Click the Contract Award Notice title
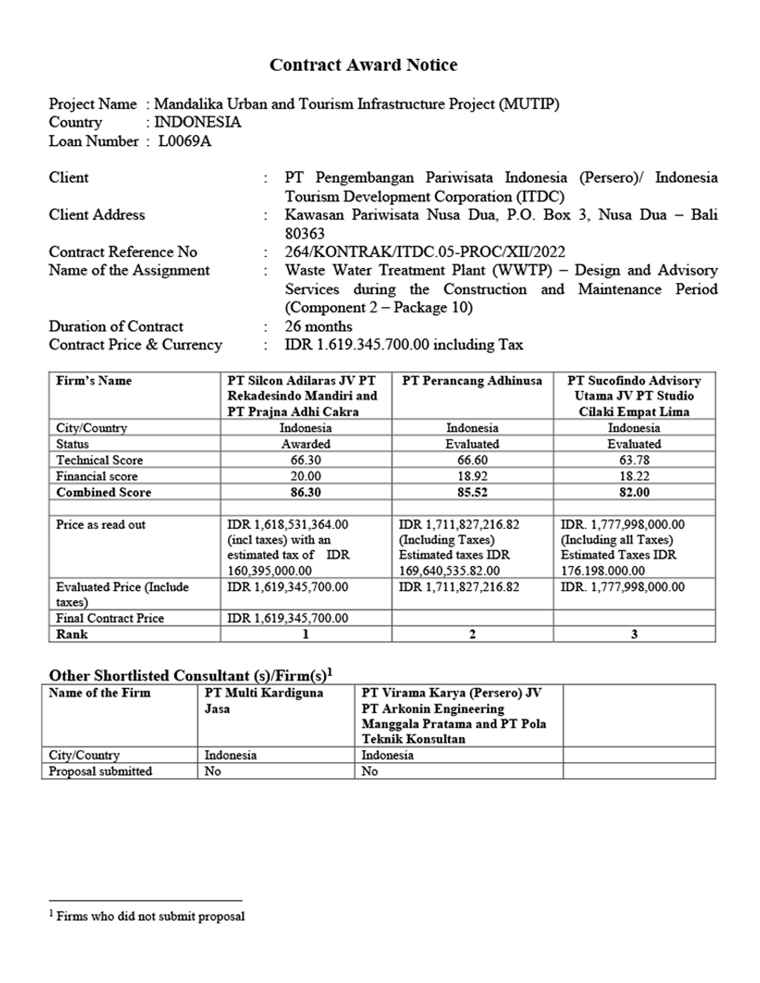[363, 65]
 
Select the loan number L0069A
[185, 141]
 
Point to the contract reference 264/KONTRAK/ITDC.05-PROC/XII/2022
[424, 252]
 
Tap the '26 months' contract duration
[319, 327]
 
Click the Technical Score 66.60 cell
[472, 460]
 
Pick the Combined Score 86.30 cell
[305, 492]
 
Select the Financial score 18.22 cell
[634, 476]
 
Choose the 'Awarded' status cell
[306, 444]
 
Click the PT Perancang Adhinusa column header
[472, 380]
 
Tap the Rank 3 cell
[634, 634]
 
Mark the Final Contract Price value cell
[288, 618]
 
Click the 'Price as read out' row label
[100, 525]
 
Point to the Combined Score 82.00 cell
[634, 492]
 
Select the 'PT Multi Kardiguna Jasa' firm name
[263, 701]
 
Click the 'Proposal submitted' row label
[100, 771]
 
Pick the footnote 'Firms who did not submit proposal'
[149, 916]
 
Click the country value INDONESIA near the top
[198, 122]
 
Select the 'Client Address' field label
[97, 215]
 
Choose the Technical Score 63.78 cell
[634, 460]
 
